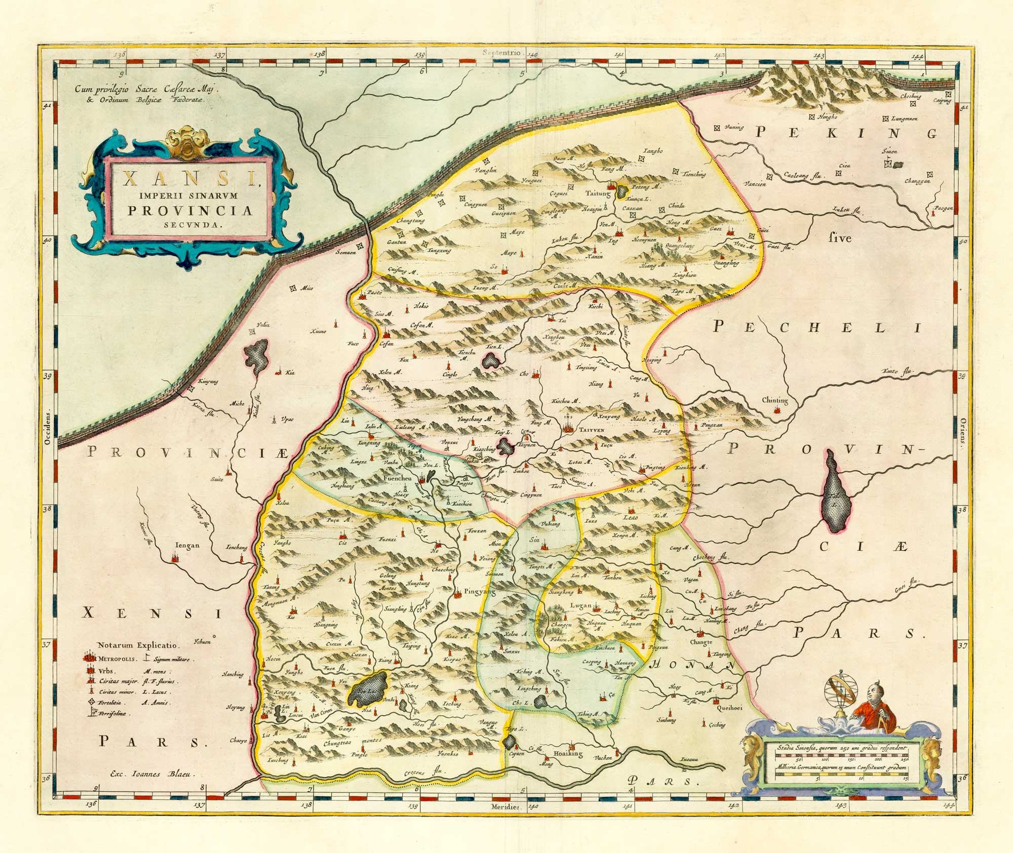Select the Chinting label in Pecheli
(x=774, y=400)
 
